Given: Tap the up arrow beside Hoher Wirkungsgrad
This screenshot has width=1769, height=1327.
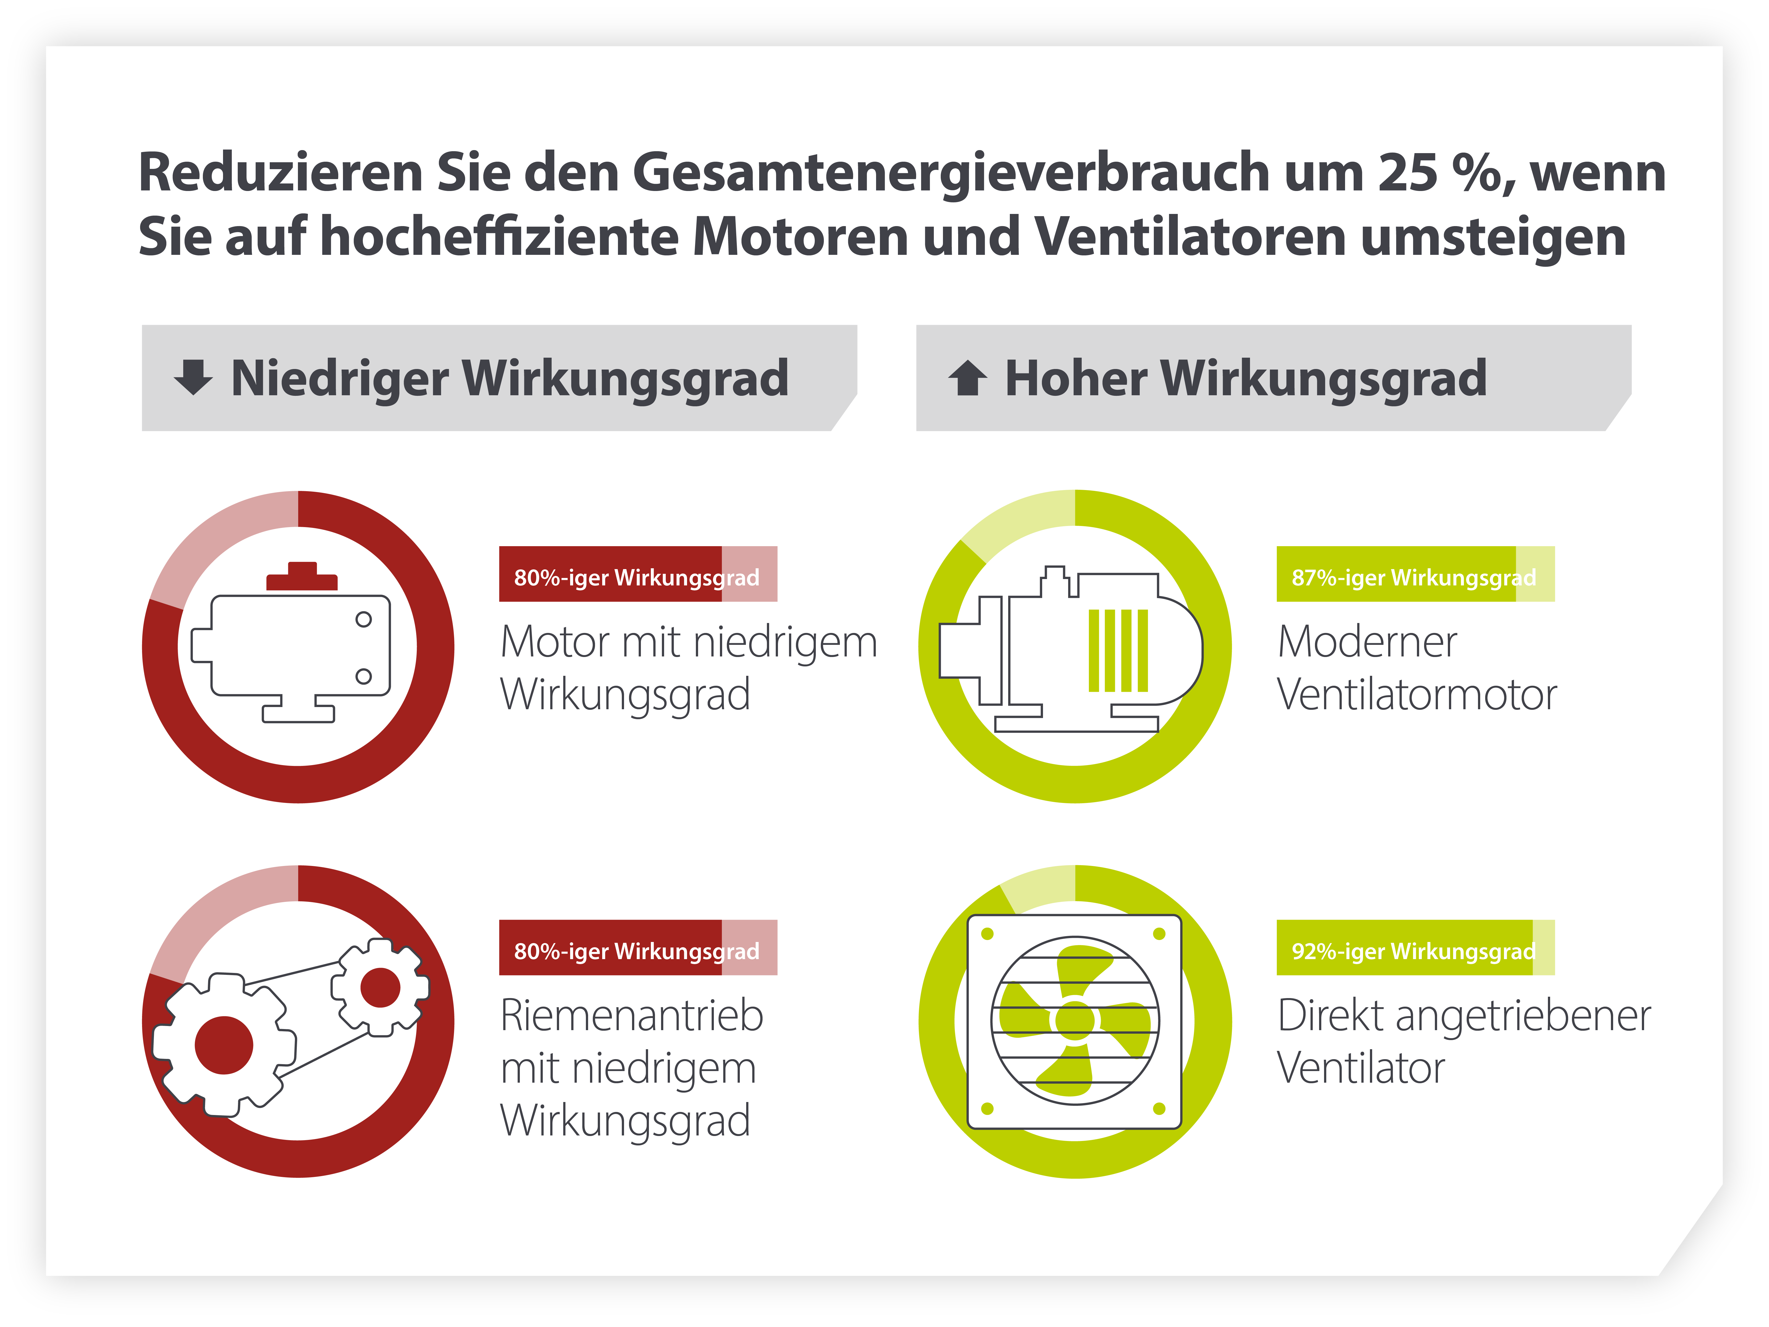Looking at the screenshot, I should [x=968, y=378].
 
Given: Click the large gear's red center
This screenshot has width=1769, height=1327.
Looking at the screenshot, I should [x=224, y=1045].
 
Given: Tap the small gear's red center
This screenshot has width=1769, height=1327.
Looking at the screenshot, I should [x=380, y=988].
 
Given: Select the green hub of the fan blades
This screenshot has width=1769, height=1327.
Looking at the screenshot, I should [x=1075, y=1021].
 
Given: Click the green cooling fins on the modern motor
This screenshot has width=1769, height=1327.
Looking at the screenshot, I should [x=1118, y=650].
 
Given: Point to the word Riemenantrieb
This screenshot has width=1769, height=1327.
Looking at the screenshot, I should [x=632, y=1016].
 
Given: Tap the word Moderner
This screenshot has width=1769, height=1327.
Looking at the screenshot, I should [x=1367, y=642].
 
